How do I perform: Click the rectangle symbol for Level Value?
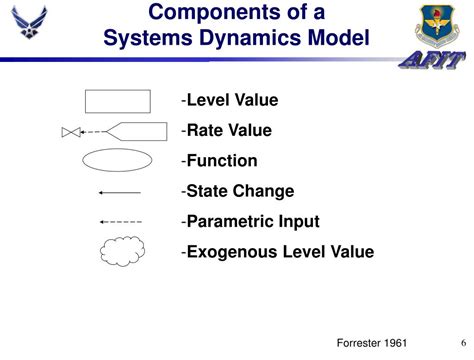(x=117, y=101)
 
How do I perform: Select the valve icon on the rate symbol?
(x=69, y=132)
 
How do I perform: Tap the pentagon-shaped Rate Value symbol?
(x=136, y=131)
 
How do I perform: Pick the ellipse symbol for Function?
(x=117, y=161)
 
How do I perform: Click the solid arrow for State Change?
(x=120, y=191)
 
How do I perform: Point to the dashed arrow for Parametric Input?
(x=120, y=221)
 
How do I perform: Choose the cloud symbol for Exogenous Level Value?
(x=120, y=252)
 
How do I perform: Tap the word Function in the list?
(x=222, y=161)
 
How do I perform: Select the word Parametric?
(x=229, y=221)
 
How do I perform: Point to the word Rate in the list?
(x=205, y=131)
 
